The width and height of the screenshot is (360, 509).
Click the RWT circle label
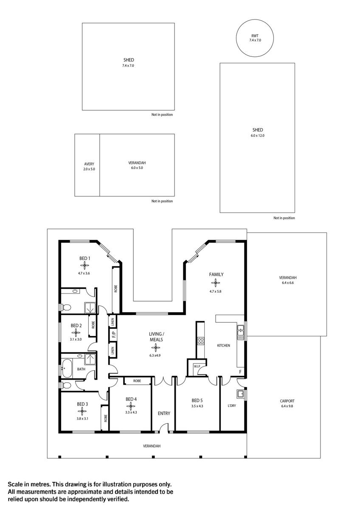point(255,35)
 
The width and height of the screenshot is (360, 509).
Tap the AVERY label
point(89,164)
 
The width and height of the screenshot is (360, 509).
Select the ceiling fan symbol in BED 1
point(84,266)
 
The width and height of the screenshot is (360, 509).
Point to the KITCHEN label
point(223,346)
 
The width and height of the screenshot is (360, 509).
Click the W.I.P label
point(197,366)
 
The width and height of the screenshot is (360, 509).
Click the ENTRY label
point(164,413)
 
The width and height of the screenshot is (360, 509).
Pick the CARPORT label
point(287,401)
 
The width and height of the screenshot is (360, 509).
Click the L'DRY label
point(232,406)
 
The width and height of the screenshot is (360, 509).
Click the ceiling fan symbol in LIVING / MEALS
point(156,348)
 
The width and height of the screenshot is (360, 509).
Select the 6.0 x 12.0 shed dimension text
point(257,136)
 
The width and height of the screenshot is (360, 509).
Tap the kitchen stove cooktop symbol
point(201,340)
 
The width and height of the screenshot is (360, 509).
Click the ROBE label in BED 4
point(137,381)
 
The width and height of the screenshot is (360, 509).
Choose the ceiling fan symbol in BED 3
point(82,411)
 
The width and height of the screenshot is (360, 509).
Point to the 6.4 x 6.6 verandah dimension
point(287,282)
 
